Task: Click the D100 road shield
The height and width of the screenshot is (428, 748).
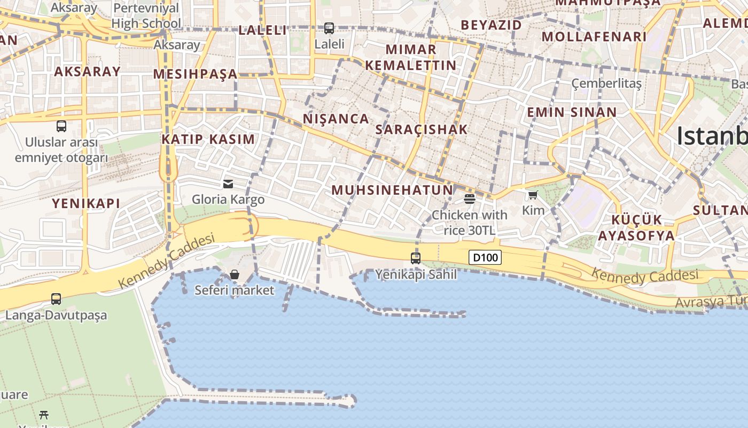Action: pos(485,258)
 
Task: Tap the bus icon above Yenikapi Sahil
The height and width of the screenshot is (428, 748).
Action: pos(416,258)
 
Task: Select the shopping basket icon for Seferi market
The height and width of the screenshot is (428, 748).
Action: pos(235,274)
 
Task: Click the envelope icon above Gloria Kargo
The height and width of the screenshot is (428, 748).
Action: pos(228,184)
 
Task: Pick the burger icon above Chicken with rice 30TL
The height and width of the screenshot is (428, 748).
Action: pos(470,199)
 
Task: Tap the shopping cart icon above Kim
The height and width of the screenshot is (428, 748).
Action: pos(533,195)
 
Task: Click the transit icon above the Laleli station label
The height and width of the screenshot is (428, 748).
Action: pos(329,28)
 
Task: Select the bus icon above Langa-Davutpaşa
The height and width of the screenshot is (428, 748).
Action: pos(56,299)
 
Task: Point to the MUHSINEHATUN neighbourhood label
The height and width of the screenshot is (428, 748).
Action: pos(392,190)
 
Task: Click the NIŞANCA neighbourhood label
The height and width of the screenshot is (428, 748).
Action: pos(336,119)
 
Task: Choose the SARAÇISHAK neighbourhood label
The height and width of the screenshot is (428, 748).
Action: pos(422,129)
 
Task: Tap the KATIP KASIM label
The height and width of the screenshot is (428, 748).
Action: pos(208,140)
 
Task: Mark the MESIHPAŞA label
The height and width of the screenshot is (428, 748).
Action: pos(196,74)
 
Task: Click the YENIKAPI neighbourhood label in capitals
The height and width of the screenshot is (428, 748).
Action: pos(86,203)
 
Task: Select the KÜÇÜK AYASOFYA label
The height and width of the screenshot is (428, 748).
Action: pos(636,228)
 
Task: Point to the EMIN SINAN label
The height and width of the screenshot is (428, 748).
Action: pos(572,112)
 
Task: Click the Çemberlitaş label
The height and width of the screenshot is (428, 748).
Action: pos(606,83)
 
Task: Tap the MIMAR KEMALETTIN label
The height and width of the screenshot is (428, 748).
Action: pos(410,58)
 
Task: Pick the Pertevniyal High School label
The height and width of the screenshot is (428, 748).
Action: pos(146,16)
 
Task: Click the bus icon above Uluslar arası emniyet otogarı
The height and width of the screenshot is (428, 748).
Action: pos(61,126)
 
